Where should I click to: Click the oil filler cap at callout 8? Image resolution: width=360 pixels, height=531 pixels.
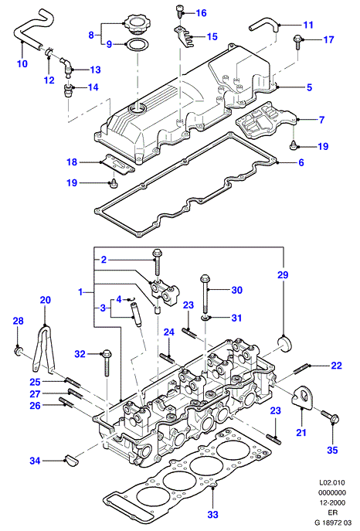[136, 24]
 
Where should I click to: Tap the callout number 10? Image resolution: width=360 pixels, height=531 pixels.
[22, 63]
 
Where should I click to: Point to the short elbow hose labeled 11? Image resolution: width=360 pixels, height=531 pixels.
[264, 25]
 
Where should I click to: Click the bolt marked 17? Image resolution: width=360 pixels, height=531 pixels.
[298, 41]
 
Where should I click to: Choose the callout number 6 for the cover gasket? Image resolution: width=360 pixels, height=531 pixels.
[301, 162]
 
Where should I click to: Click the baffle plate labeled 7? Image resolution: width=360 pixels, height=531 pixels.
[266, 121]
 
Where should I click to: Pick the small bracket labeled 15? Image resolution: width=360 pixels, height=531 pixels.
[184, 36]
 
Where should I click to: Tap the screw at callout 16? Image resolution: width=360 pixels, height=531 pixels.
[180, 12]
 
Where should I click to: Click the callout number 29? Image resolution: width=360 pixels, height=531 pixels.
[283, 275]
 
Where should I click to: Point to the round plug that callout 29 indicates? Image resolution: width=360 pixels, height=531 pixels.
[285, 344]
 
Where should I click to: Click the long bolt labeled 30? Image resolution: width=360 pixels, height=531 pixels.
[205, 293]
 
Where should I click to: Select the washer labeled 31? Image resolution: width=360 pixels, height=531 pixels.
[205, 318]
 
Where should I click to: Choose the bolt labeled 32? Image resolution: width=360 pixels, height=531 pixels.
[107, 363]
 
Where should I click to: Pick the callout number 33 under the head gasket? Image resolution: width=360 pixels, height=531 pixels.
[212, 515]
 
